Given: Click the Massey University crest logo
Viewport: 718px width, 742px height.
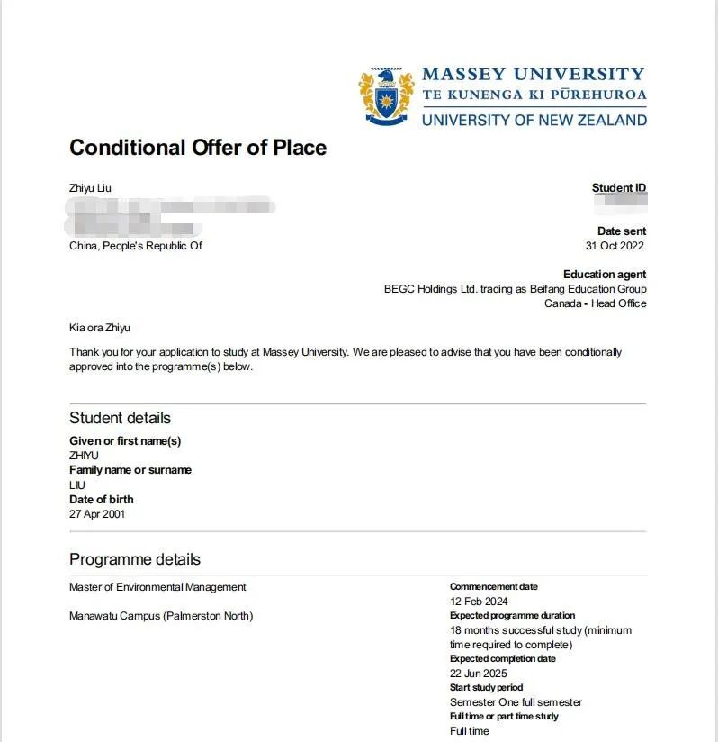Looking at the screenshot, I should (387, 95).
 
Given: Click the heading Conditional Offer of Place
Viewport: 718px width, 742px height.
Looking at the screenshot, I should (198, 148).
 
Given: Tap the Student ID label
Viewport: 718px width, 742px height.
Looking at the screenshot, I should (618, 188).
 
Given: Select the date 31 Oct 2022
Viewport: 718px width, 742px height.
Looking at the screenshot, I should (615, 246).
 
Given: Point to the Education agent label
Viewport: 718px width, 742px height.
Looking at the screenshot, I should (605, 275).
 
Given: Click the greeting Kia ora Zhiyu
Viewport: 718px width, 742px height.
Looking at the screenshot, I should (100, 328).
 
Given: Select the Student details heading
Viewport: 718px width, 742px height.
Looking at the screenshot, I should (120, 418).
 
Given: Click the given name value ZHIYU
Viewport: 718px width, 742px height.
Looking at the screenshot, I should (85, 456).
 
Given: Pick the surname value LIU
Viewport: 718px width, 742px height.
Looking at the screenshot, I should (77, 484).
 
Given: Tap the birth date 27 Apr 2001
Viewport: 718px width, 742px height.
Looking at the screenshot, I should (97, 514).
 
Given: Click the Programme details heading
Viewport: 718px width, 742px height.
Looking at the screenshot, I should (135, 559).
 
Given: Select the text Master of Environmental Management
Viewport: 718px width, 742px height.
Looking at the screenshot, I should (157, 587).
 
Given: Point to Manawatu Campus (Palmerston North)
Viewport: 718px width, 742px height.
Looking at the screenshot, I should (161, 616).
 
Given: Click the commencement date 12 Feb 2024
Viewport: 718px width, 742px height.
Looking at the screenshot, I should (479, 602).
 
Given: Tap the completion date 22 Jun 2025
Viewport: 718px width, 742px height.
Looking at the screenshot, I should (479, 674).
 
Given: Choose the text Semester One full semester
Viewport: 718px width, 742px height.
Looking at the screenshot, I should (516, 702).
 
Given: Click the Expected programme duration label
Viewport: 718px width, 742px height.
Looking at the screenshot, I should (512, 616).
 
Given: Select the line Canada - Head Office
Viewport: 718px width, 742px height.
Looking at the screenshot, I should (595, 303).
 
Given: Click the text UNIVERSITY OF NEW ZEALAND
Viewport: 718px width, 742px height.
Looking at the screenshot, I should (534, 120).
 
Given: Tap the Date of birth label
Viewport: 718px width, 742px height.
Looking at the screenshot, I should (102, 499).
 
